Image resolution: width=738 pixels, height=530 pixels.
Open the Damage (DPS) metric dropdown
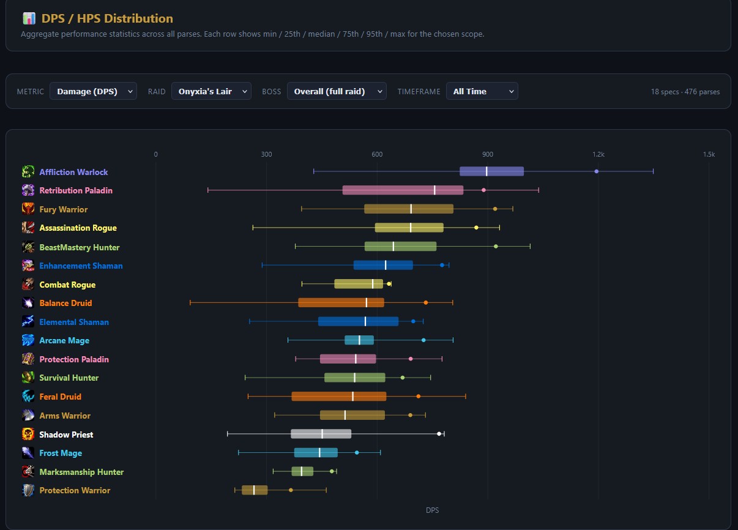tap(93, 91)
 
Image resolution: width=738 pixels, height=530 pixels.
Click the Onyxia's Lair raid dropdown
tap(211, 91)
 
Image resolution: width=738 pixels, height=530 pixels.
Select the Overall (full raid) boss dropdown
tap(337, 91)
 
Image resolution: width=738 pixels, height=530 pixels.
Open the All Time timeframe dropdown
tap(482, 91)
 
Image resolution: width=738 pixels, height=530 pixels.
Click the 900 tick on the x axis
tap(488, 154)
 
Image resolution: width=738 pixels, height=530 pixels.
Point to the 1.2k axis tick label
tap(598, 154)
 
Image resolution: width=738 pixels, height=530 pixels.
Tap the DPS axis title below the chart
tap(432, 510)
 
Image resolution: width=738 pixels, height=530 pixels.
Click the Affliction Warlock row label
tap(73, 172)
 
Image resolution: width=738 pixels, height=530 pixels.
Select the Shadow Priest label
tap(66, 435)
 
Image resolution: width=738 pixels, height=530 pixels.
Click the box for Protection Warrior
tap(255, 490)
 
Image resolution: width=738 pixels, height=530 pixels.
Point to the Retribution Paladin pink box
tap(403, 190)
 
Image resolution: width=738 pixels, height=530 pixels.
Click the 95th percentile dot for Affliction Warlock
tap(597, 171)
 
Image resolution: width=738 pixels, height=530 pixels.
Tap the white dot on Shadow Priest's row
tap(439, 434)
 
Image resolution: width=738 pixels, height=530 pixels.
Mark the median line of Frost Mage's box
tap(319, 453)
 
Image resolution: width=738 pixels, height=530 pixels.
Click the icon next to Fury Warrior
tap(28, 209)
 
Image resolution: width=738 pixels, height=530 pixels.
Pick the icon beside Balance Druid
tap(28, 303)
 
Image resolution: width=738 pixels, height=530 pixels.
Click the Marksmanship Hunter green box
tap(302, 471)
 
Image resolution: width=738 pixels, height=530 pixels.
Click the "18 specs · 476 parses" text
tap(685, 92)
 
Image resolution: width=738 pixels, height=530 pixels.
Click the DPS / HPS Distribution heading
tap(107, 19)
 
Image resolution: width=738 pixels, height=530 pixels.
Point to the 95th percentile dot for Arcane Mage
tap(423, 340)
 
